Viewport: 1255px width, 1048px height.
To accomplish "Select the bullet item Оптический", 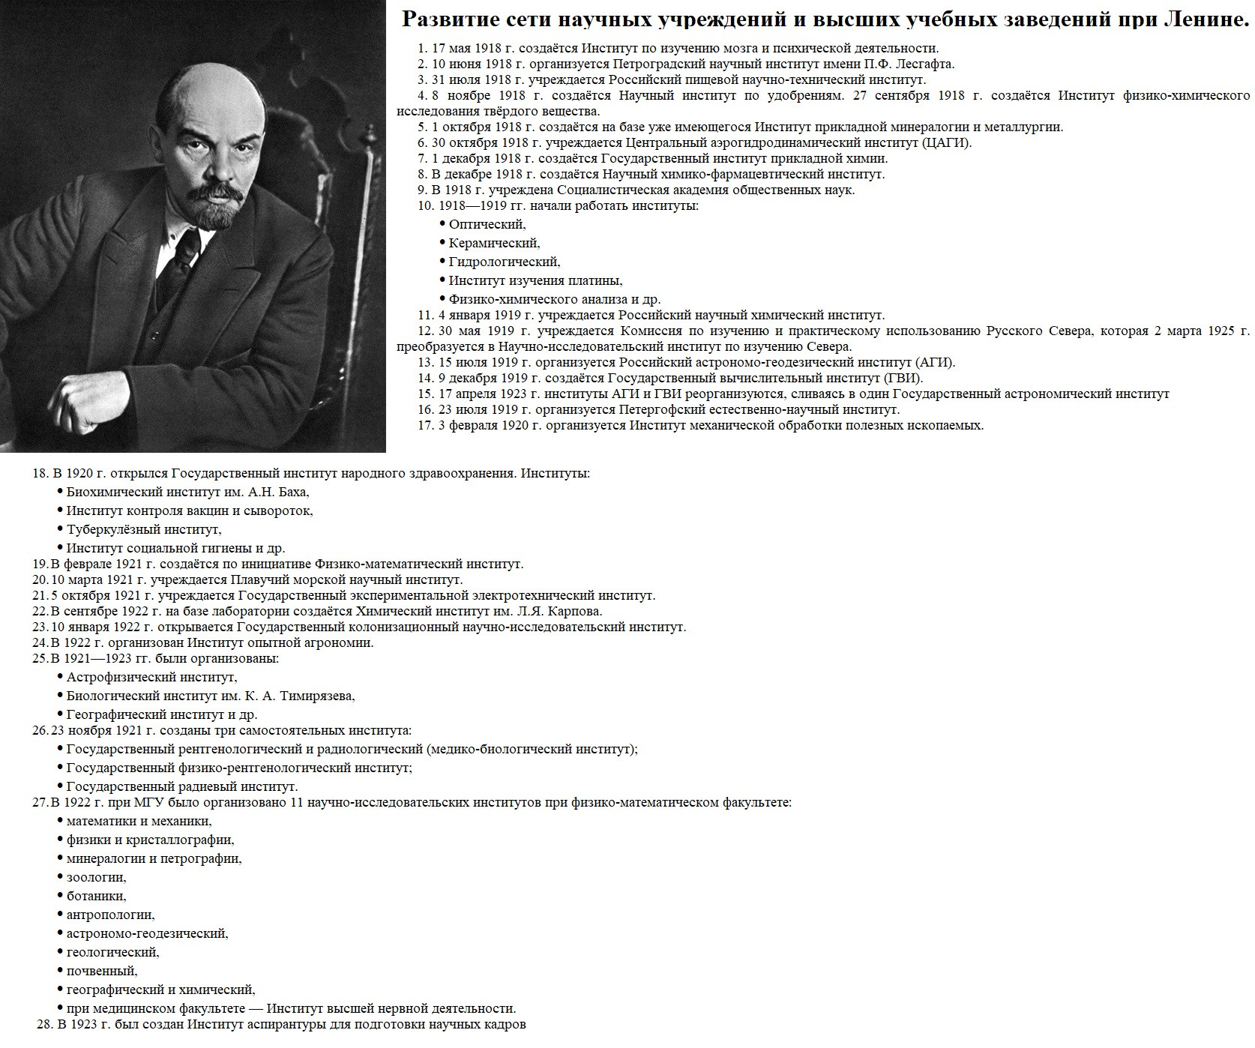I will coord(487,224).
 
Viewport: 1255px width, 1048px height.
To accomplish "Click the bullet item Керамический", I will coord(494,243).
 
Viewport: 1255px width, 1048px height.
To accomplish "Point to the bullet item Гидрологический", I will coord(504,262).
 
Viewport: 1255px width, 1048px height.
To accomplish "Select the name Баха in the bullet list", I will coord(292,492).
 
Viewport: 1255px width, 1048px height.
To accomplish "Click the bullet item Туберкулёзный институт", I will coord(143,529).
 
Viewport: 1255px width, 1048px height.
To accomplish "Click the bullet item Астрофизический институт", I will coord(151,677).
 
